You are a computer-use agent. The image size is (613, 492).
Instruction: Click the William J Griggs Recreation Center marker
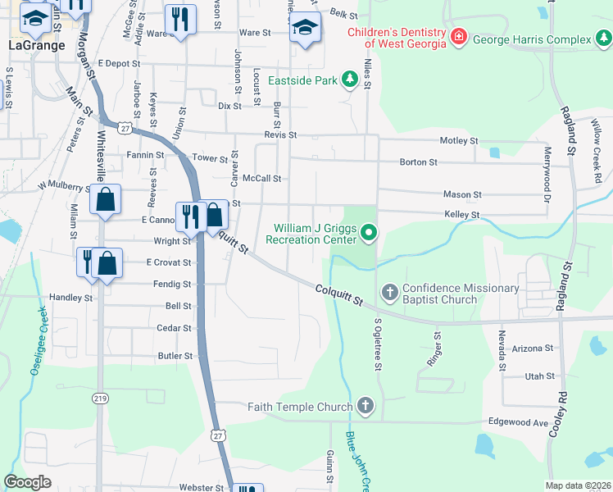(x=368, y=235)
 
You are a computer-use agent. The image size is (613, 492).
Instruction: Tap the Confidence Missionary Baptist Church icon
(x=389, y=292)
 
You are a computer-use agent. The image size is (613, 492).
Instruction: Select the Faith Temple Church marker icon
(x=365, y=406)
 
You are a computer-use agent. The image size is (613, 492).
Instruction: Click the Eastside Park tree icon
(x=350, y=78)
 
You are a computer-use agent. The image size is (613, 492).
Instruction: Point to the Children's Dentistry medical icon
(x=459, y=38)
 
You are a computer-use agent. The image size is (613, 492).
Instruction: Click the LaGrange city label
(x=36, y=46)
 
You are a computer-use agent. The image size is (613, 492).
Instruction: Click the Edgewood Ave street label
(x=517, y=422)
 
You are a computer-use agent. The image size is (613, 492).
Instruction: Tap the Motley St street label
(x=459, y=141)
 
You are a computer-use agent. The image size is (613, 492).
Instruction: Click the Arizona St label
(x=533, y=348)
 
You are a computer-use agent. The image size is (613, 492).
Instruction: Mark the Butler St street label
(x=175, y=357)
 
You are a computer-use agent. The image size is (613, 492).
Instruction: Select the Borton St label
(x=418, y=162)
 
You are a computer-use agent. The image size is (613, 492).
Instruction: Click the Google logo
(x=28, y=482)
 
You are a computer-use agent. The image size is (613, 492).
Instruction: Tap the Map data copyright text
(x=577, y=485)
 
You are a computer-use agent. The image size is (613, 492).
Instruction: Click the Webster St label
(x=202, y=488)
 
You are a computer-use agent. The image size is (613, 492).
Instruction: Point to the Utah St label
(x=539, y=376)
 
